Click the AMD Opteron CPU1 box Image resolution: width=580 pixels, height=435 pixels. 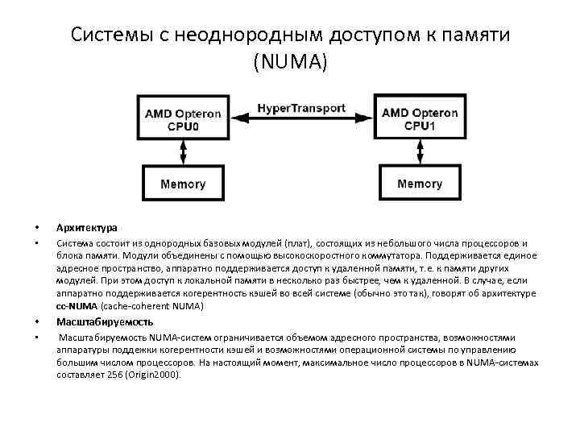(x=420, y=119)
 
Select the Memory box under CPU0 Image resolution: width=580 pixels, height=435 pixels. (x=183, y=184)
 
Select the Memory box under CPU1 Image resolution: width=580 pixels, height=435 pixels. (x=420, y=184)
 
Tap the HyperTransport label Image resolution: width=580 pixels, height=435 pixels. (x=301, y=108)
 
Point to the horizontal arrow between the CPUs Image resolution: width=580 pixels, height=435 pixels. (x=301, y=119)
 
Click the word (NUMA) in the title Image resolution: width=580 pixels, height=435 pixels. (x=290, y=61)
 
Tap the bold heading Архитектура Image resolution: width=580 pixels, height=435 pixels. (x=86, y=228)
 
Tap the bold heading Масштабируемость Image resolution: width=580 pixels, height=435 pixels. (x=104, y=321)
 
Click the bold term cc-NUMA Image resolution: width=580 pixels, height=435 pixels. (x=77, y=306)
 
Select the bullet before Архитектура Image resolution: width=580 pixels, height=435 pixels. (x=36, y=228)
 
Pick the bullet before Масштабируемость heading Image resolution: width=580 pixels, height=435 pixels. (x=36, y=321)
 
